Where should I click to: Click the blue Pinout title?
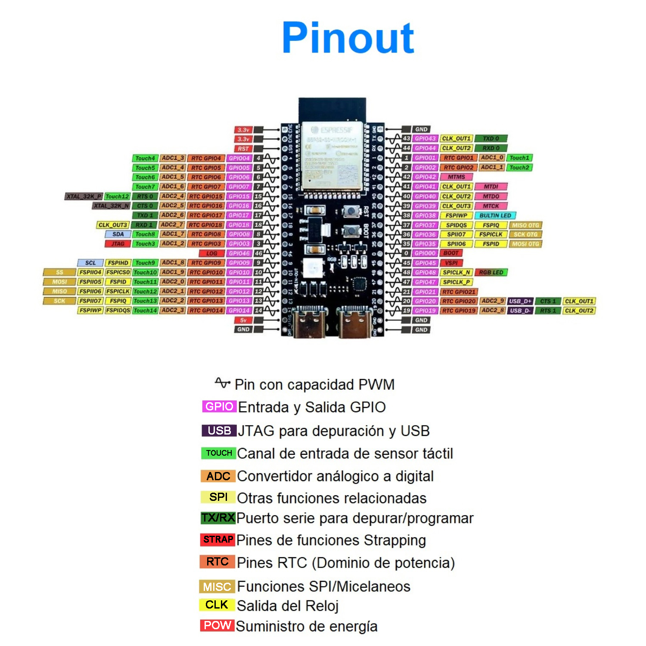348,38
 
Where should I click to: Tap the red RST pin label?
243,149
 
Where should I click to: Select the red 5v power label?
243,320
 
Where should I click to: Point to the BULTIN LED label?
495,215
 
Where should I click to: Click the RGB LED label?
491,272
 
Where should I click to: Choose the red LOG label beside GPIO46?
211,253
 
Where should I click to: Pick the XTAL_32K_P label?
84,196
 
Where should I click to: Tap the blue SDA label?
118,234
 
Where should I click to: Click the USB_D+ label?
521,301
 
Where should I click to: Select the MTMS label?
456,177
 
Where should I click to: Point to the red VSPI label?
451,263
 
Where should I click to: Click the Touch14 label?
145,311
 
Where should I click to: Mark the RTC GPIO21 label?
459,292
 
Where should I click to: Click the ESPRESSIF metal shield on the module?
331,155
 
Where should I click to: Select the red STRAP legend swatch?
218,539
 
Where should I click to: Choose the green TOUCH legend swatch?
218,453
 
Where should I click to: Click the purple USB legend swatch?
219,431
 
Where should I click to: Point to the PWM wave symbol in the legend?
222,383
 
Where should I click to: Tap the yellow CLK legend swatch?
217,605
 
